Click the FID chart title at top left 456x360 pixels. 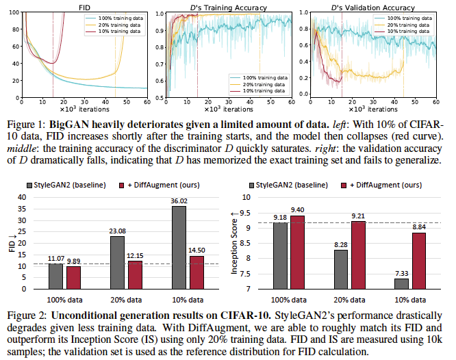(x=84, y=6)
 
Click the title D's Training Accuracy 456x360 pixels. (x=224, y=6)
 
